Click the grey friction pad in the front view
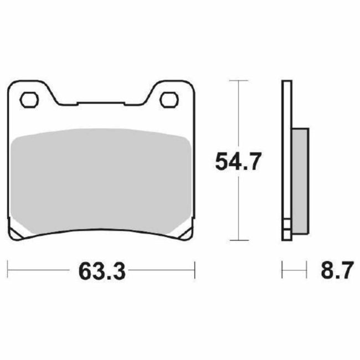click(x=102, y=177)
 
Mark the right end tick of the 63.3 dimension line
click(x=195, y=271)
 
